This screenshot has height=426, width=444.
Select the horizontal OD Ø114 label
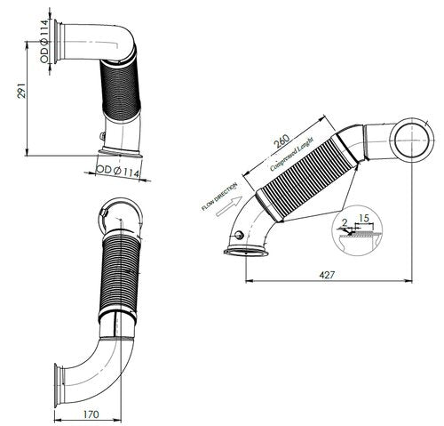click(117, 169)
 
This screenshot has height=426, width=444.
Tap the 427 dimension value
click(329, 276)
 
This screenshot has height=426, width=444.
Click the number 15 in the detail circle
click(365, 216)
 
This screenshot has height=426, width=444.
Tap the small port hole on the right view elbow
click(239, 235)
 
